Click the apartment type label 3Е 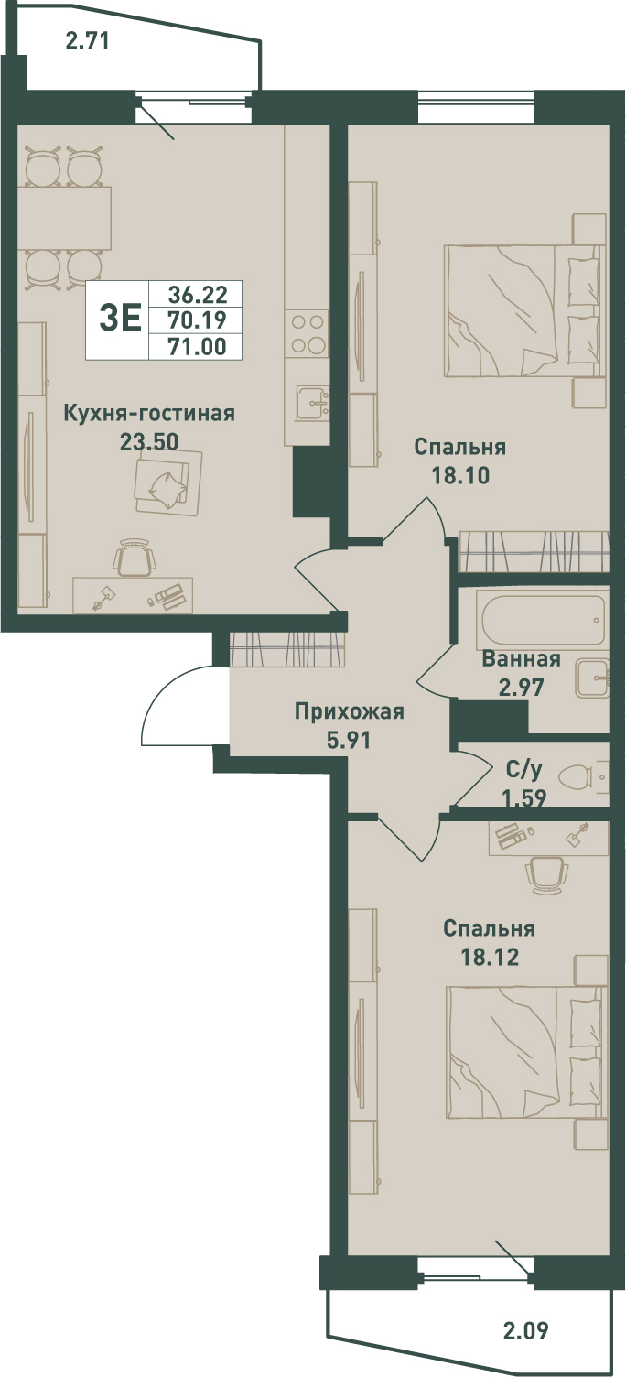coord(121,320)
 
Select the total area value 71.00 coord(197,347)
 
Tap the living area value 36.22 coord(198,295)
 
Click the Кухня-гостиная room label coord(149,413)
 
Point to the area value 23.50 coord(149,441)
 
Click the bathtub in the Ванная coord(543,619)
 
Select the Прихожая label coord(349,712)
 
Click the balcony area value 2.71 coord(87,42)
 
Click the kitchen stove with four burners coord(308,333)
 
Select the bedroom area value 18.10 coord(461,476)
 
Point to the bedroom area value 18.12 coord(491,957)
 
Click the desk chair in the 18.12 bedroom coord(546,875)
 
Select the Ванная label coord(521,659)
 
